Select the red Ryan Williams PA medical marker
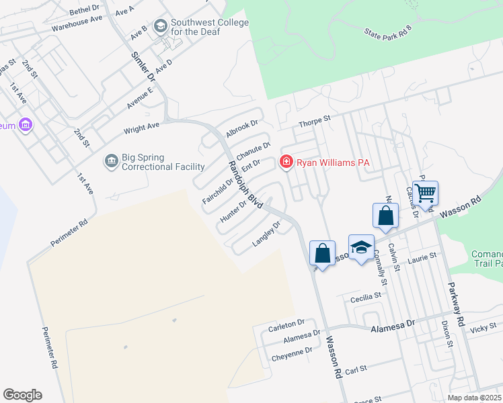pyautogui.click(x=286, y=163)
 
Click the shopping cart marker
pyautogui.click(x=425, y=193)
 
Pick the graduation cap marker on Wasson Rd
pyautogui.click(x=361, y=247)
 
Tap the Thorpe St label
pyautogui.click(x=315, y=121)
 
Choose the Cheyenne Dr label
pyautogui.click(x=292, y=351)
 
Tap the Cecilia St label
pyautogui.click(x=366, y=296)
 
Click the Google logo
pyautogui.click(x=22, y=395)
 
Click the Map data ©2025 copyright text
pyautogui.click(x=473, y=398)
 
